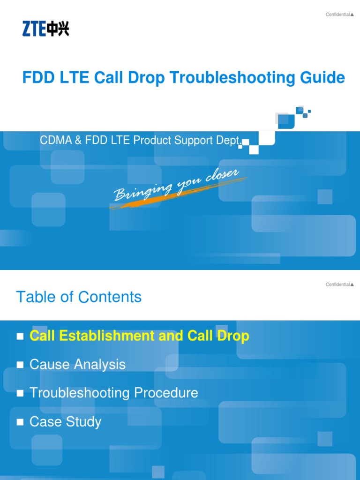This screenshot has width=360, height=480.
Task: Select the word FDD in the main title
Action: click(37, 78)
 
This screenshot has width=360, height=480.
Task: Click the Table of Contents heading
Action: click(79, 297)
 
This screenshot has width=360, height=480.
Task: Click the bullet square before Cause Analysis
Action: click(20, 365)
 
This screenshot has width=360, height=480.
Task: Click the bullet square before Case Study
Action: click(20, 422)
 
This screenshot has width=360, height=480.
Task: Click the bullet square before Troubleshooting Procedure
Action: click(20, 394)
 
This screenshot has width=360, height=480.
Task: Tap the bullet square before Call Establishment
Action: click(20, 337)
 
